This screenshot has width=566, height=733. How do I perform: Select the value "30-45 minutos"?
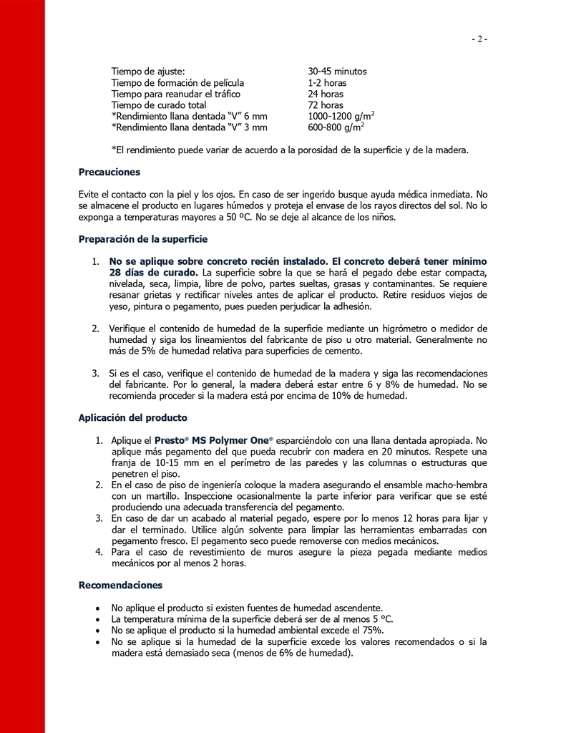pyautogui.click(x=337, y=72)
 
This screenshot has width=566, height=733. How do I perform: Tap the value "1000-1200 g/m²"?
pyautogui.click(x=341, y=116)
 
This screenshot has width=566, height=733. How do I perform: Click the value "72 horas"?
pyautogui.click(x=326, y=105)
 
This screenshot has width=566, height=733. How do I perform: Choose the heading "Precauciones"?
pyautogui.click(x=109, y=172)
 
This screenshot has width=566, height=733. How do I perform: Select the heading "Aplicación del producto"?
pyautogui.click(x=133, y=417)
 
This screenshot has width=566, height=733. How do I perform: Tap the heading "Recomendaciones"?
pyautogui.click(x=120, y=586)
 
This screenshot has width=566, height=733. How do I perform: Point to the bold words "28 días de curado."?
pyautogui.click(x=154, y=273)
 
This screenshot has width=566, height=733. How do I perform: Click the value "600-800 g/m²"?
pyautogui.click(x=336, y=127)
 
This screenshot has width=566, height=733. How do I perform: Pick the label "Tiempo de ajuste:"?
pyautogui.click(x=148, y=72)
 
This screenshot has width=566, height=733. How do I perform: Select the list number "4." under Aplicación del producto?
pyautogui.click(x=100, y=552)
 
